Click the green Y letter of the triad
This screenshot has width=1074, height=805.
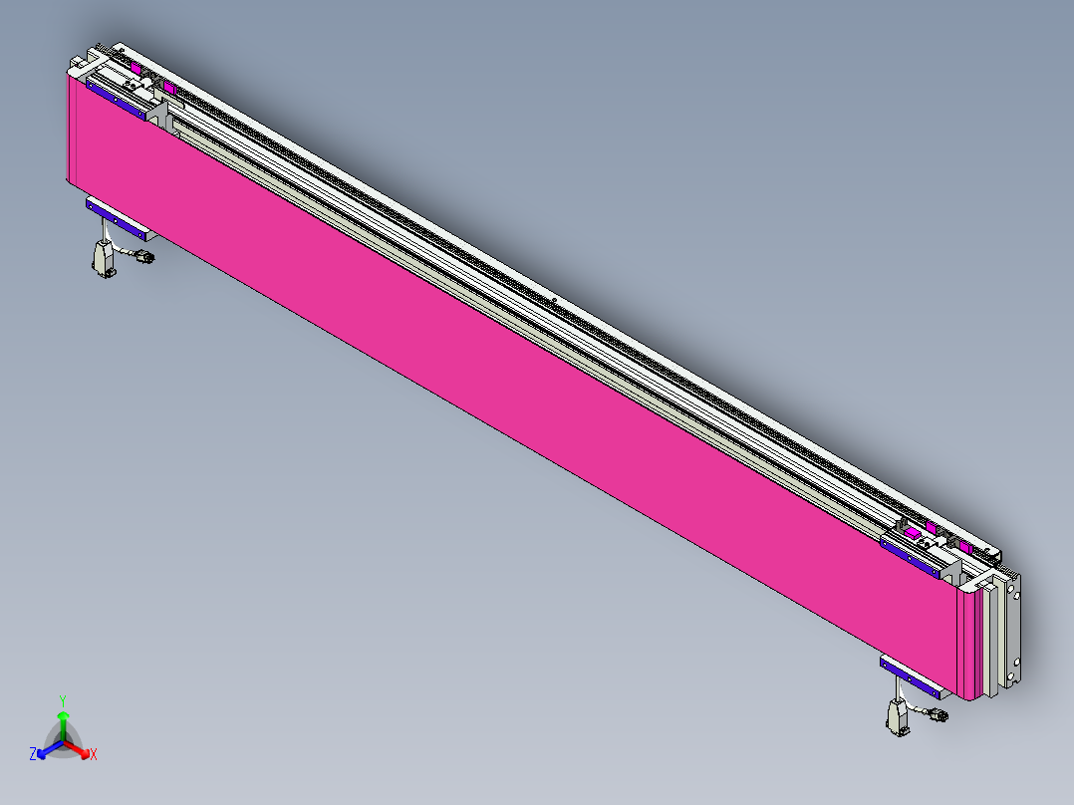click(x=62, y=699)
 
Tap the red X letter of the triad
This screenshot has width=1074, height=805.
click(x=94, y=754)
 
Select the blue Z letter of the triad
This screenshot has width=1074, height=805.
click(x=33, y=755)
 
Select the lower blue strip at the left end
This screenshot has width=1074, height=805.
click(x=118, y=219)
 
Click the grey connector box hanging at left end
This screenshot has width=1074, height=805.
click(x=103, y=261)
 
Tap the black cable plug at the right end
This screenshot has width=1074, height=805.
click(x=938, y=714)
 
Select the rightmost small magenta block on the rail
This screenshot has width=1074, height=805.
click(x=965, y=547)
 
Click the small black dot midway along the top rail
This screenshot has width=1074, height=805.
click(x=553, y=299)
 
